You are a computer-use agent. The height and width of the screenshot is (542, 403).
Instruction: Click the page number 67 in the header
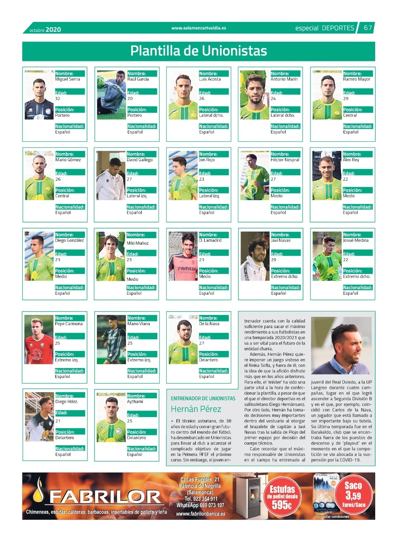[x=368, y=28]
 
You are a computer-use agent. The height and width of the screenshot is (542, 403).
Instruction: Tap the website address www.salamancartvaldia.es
[x=199, y=28]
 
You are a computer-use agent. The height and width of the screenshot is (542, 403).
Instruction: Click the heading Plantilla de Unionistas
[x=199, y=51]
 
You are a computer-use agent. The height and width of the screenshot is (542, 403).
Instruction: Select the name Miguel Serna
[x=67, y=79]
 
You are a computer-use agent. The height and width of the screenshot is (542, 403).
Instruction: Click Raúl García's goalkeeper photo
[x=112, y=95]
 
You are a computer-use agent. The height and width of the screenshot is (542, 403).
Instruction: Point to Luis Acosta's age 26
[x=202, y=99]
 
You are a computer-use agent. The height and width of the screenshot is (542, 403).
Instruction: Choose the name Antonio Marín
[x=284, y=79]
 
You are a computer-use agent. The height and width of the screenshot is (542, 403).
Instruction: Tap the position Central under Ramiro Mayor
[x=350, y=115]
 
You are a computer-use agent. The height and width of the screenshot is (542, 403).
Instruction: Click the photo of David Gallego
[x=111, y=175]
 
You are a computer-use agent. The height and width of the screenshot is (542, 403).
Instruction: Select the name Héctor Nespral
[x=285, y=160]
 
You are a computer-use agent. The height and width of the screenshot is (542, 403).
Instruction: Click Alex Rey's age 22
[x=345, y=179]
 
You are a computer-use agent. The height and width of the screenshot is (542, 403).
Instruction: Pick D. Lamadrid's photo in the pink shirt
[x=183, y=256]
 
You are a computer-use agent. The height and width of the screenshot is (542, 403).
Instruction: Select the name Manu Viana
[x=138, y=324]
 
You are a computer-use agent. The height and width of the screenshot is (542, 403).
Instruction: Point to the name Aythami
[x=135, y=402]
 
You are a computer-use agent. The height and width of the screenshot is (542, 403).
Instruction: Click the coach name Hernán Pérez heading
[x=196, y=409]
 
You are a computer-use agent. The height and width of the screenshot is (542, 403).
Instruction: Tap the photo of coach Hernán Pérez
[x=341, y=346]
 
